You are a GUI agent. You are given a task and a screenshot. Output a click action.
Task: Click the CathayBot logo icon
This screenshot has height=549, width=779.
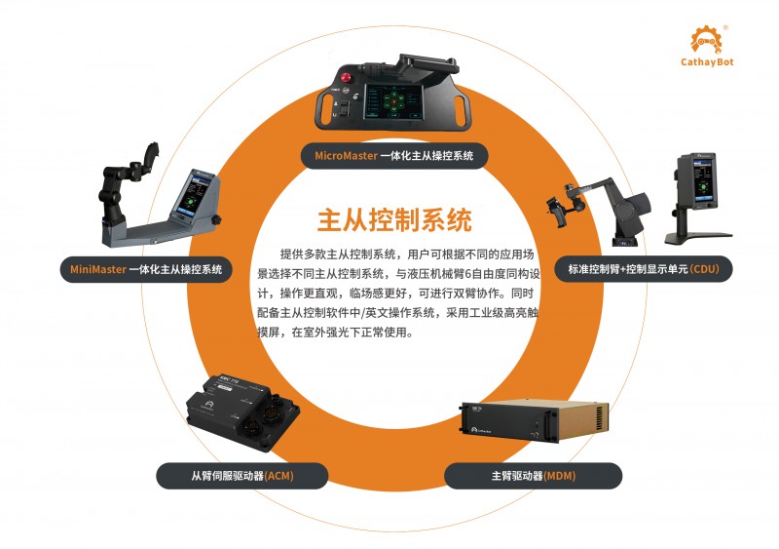pos(706,40)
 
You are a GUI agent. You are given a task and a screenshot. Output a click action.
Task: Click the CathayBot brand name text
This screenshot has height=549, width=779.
pos(707,62)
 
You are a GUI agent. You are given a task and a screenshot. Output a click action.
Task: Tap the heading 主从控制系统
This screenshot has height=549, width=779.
pos(394,219)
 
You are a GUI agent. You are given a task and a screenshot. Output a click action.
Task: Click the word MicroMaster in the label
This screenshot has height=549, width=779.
pos(346,156)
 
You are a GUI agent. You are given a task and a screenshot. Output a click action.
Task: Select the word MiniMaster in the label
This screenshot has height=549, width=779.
pos(98,269)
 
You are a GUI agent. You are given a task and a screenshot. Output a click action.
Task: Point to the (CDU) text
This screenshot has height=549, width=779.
pos(704,269)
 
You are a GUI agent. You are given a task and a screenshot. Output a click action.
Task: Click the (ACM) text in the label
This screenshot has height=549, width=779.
pos(278,476)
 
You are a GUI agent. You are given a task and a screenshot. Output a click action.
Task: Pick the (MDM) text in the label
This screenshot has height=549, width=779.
pos(560,476)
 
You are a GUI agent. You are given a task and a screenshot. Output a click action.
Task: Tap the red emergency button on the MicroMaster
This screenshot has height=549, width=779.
pos(346,78)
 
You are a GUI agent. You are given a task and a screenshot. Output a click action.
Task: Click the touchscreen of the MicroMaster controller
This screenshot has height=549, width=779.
pos(393,101)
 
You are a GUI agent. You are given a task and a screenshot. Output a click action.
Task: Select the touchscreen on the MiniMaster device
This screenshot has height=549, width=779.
pos(192,195)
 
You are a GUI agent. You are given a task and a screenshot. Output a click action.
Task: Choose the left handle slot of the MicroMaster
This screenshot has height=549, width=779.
pos(326,107)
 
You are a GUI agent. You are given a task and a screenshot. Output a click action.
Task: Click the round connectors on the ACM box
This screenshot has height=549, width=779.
pos(264,419)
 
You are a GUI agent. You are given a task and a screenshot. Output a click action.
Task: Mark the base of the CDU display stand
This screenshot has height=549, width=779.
pos(697,238)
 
